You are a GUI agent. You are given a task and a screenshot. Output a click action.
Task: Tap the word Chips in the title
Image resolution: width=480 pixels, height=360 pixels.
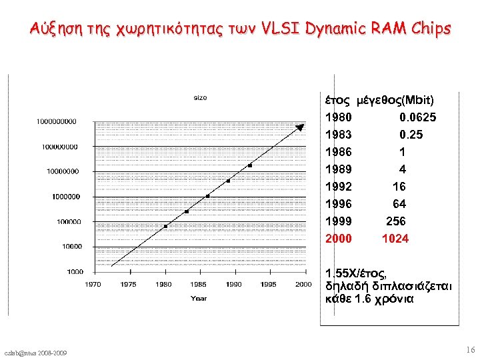pyautogui.click(x=427, y=29)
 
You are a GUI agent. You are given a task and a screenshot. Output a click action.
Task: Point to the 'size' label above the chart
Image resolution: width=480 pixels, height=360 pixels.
pyautogui.click(x=200, y=97)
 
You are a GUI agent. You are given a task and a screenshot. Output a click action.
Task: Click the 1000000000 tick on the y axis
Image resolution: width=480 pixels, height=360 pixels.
pyautogui.click(x=57, y=121)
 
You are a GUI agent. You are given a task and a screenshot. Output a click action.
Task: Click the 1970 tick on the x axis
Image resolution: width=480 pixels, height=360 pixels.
pyautogui.click(x=93, y=285)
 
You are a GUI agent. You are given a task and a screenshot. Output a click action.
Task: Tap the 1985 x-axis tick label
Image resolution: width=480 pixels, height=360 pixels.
pyautogui.click(x=198, y=285)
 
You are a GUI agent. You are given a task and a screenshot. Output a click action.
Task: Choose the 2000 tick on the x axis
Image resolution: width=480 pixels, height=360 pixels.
pyautogui.click(x=303, y=285)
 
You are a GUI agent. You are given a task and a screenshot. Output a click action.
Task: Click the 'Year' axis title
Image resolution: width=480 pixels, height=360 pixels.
pyautogui.click(x=199, y=298)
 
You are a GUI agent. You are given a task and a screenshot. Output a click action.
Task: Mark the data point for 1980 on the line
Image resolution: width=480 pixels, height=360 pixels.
pyautogui.click(x=165, y=226)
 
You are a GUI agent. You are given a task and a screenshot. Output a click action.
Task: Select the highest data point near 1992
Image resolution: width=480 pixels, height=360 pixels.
pyautogui.click(x=250, y=165)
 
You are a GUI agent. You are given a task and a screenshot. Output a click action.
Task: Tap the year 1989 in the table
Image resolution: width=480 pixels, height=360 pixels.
pyautogui.click(x=339, y=169)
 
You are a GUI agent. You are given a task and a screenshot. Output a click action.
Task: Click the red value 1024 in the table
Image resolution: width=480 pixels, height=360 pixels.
pyautogui.click(x=395, y=239)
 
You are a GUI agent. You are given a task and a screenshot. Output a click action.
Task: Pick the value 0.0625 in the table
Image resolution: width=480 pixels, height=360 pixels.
pyautogui.click(x=418, y=117)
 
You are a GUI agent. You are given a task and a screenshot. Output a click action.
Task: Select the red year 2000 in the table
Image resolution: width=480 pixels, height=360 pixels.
pyautogui.click(x=339, y=239)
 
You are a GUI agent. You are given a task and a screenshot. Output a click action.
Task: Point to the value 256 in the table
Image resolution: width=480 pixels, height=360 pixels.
pyautogui.click(x=396, y=221)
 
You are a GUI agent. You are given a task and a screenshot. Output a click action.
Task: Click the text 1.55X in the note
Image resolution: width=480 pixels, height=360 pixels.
pyautogui.click(x=341, y=273)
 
